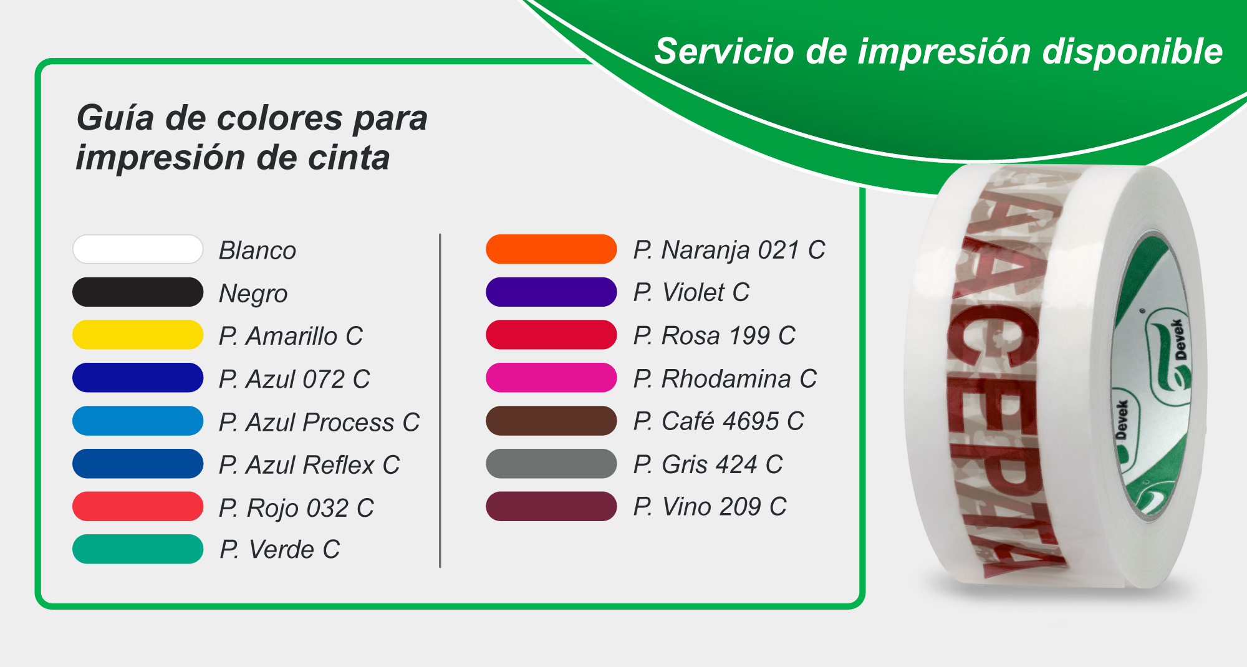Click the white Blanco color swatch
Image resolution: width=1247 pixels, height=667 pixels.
coord(138,249)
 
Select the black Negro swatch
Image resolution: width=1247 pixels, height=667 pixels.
coord(138,292)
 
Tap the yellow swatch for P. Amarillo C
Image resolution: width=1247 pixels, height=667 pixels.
coord(138,335)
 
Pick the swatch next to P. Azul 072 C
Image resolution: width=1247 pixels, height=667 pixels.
coord(138,378)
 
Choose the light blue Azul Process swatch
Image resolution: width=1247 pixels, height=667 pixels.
coord(138,421)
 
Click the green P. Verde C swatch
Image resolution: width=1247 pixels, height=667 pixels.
coord(138,549)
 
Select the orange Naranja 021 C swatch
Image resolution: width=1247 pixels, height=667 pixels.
coord(551,249)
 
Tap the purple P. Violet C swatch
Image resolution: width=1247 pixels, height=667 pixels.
coord(551,292)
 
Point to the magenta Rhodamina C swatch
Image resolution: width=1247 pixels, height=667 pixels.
coord(551,378)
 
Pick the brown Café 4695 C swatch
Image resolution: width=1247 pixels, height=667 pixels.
coord(551,421)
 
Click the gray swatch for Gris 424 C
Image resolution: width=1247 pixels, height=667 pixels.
coord(551,464)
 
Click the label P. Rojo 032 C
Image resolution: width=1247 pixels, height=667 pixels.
coord(296,508)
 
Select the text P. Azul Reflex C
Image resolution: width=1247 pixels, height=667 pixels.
coord(309,465)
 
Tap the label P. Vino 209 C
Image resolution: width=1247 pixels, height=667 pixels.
coord(710,507)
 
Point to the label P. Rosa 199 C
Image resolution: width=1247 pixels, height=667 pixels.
coord(714,336)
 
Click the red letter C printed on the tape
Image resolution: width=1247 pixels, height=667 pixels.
coord(991,343)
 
